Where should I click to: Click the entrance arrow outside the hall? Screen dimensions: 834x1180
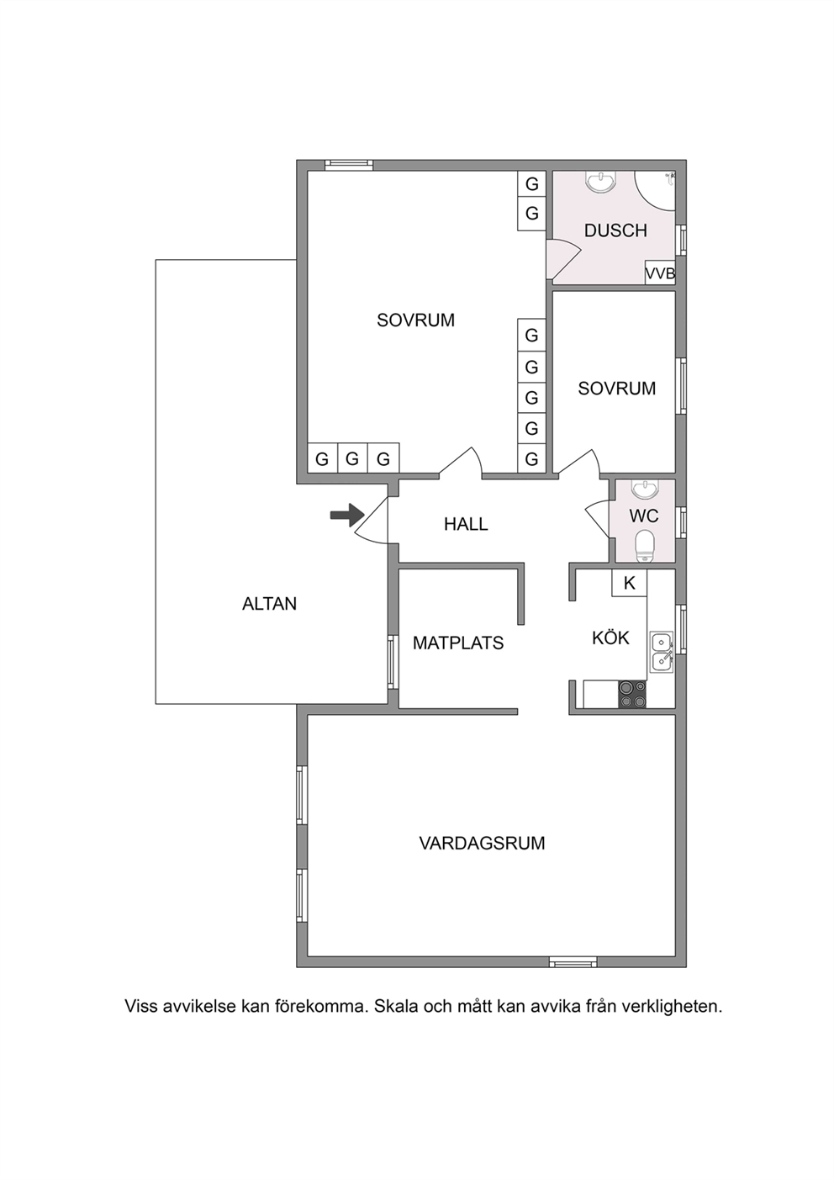tap(347, 515)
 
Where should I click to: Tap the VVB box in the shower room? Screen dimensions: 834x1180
tap(660, 273)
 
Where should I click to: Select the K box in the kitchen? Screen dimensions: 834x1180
tap(629, 583)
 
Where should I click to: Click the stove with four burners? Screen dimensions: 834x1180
tap(632, 695)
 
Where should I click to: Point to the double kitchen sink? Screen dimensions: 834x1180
tap(662, 652)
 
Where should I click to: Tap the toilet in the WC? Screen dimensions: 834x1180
tap(645, 547)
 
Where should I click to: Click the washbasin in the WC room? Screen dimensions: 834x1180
tap(645, 489)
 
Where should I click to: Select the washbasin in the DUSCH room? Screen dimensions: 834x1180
tap(600, 182)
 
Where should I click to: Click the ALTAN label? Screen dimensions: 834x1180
tap(270, 604)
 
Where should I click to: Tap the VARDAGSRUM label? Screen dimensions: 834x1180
tap(482, 844)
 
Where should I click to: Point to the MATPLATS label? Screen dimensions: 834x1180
tap(458, 643)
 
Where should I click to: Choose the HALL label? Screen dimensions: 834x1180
tap(466, 524)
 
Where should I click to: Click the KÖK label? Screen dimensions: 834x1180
tap(610, 638)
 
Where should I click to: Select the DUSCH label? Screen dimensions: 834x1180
tap(615, 230)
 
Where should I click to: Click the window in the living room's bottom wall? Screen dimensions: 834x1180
tap(573, 962)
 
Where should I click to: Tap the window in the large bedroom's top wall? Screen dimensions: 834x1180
tap(349, 165)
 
